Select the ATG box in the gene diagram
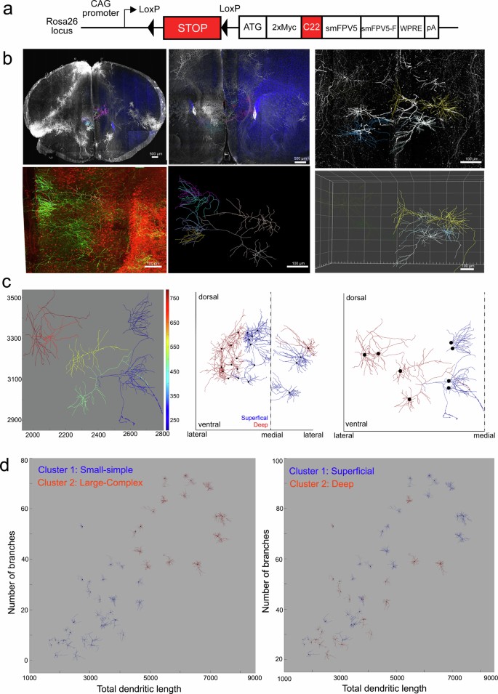click(x=252, y=27)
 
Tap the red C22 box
click(x=311, y=27)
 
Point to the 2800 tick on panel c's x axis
click(x=163, y=434)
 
